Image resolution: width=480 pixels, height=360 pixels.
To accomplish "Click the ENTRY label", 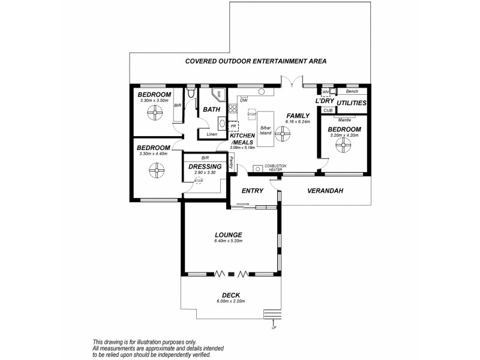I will click(253, 191).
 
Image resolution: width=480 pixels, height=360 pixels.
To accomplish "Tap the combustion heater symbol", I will click(258, 169).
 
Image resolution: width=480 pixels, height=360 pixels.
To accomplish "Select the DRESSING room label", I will click(206, 166).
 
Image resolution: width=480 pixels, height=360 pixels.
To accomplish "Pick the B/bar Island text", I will click(266, 130).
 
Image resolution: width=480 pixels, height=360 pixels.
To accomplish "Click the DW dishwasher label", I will click(244, 101).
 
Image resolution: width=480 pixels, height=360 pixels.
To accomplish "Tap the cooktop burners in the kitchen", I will click(232, 110).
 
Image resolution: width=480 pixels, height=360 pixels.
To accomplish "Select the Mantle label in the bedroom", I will click(344, 119).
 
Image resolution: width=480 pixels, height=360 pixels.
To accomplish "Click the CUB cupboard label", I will click(328, 110).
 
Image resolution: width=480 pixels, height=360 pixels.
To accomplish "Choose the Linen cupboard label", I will click(211, 134).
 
